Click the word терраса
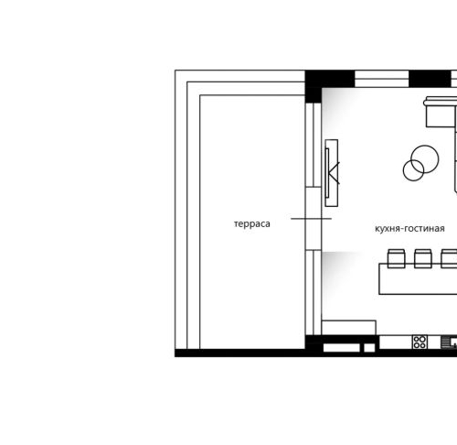tap(252, 224)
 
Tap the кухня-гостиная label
tap(409, 228)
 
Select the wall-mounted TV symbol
tap(332, 173)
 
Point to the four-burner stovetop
tap(420, 342)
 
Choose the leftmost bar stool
tap(396, 258)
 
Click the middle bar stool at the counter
tap(423, 258)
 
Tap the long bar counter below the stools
tap(418, 278)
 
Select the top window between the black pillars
tap(382, 79)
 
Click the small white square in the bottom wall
tap(369, 348)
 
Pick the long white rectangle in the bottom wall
tap(342, 348)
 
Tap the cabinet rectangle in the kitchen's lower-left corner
tap(349, 328)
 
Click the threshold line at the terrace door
tap(311, 219)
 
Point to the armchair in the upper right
tap(441, 112)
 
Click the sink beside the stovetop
tap(449, 342)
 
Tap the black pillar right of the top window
tap(430, 79)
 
